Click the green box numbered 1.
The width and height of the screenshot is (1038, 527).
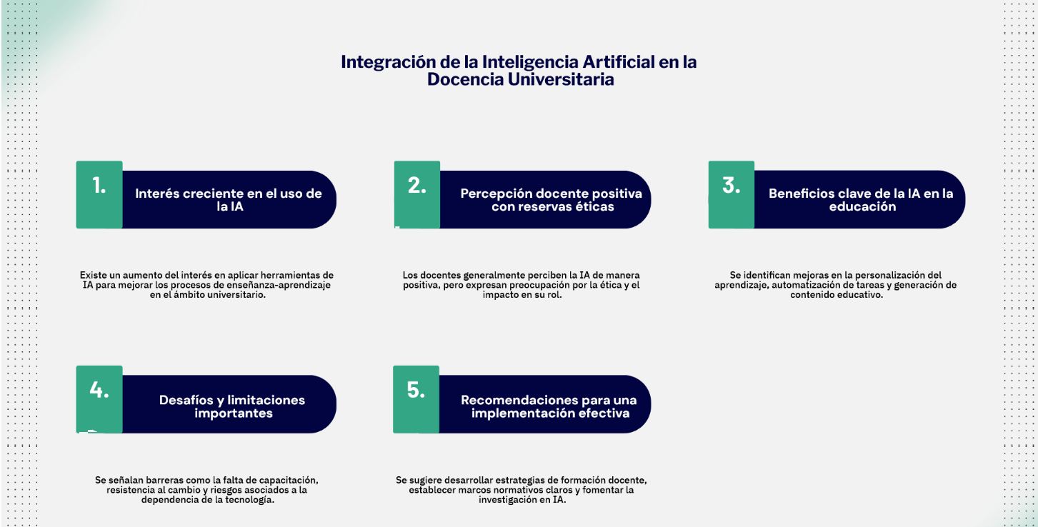(99, 194)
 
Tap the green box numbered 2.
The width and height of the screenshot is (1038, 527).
(417, 194)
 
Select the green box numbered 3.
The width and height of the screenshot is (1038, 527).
(732, 194)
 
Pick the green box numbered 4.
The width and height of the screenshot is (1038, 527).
(99, 399)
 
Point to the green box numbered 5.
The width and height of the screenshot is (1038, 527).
(416, 399)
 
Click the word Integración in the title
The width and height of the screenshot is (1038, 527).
(389, 62)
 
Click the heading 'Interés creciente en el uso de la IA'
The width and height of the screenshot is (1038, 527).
(229, 200)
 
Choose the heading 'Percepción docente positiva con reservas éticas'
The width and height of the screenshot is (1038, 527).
(552, 200)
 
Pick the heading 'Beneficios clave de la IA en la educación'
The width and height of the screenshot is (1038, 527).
(861, 200)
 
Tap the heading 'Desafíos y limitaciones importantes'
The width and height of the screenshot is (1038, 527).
(232, 406)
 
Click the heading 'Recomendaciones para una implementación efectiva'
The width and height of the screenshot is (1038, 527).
(549, 406)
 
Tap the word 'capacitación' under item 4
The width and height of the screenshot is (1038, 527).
(288, 481)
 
